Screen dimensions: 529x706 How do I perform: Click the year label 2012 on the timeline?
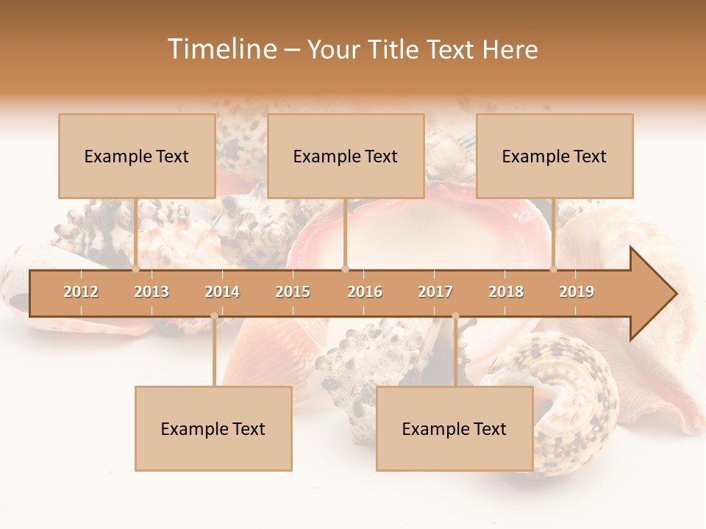[81, 292]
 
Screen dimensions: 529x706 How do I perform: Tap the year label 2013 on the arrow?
[151, 292]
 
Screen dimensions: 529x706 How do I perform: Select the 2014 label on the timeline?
[222, 292]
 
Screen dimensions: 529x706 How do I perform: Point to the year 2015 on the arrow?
[293, 292]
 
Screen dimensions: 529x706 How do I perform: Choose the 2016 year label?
[365, 292]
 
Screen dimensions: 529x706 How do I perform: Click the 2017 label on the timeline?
[435, 292]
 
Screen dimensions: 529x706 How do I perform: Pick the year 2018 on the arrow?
[506, 292]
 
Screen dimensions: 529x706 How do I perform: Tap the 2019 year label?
[577, 292]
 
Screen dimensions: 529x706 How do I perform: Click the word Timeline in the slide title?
[221, 49]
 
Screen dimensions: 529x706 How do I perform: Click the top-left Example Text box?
[137, 156]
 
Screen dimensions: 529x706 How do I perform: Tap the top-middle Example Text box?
[346, 156]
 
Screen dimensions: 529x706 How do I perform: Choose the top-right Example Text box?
[555, 156]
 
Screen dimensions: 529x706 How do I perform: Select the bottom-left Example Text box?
[213, 428]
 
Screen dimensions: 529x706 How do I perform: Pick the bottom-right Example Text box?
[454, 428]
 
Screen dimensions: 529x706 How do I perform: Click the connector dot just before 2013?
[135, 269]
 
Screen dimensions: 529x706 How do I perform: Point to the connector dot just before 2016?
[346, 269]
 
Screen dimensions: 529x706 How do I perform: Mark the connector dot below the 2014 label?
[214, 316]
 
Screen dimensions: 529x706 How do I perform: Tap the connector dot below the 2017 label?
[455, 316]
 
